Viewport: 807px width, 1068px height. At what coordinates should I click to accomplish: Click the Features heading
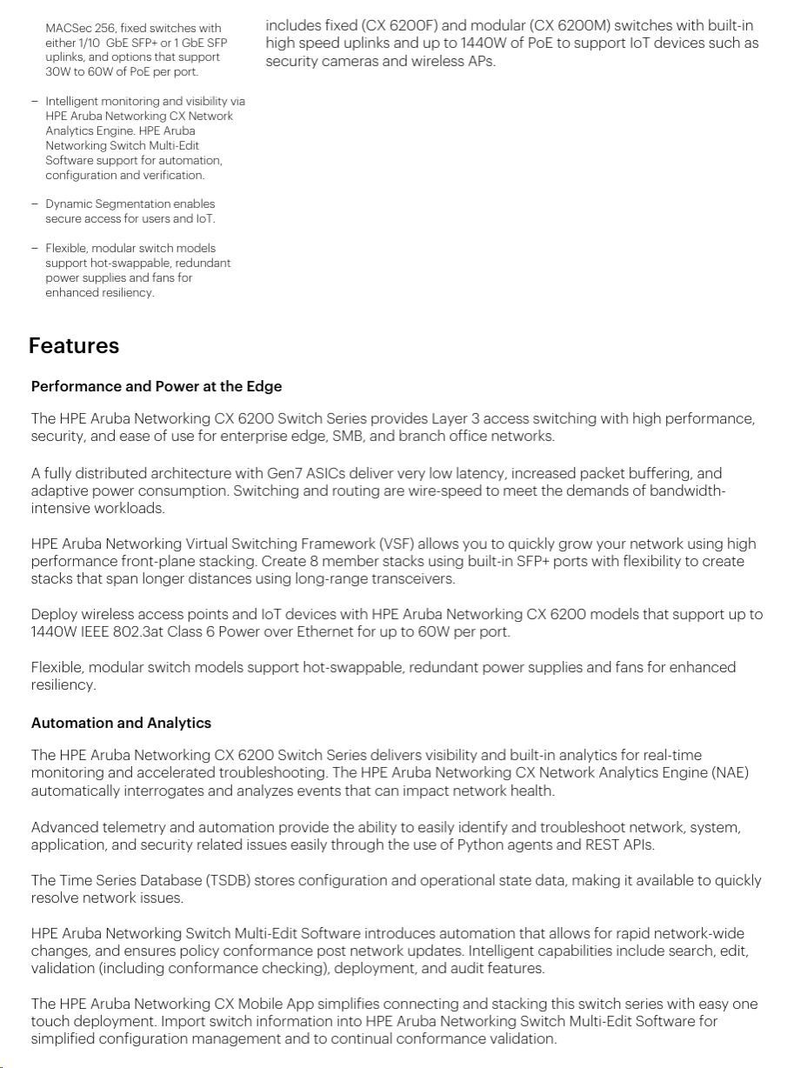pyautogui.click(x=74, y=346)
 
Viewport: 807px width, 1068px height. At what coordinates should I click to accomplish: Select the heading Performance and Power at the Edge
pyautogui.click(x=157, y=386)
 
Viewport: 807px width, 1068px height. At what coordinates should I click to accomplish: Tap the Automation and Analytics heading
pyautogui.click(x=121, y=723)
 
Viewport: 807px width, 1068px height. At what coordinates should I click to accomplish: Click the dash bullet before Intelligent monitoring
pyautogui.click(x=34, y=101)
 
